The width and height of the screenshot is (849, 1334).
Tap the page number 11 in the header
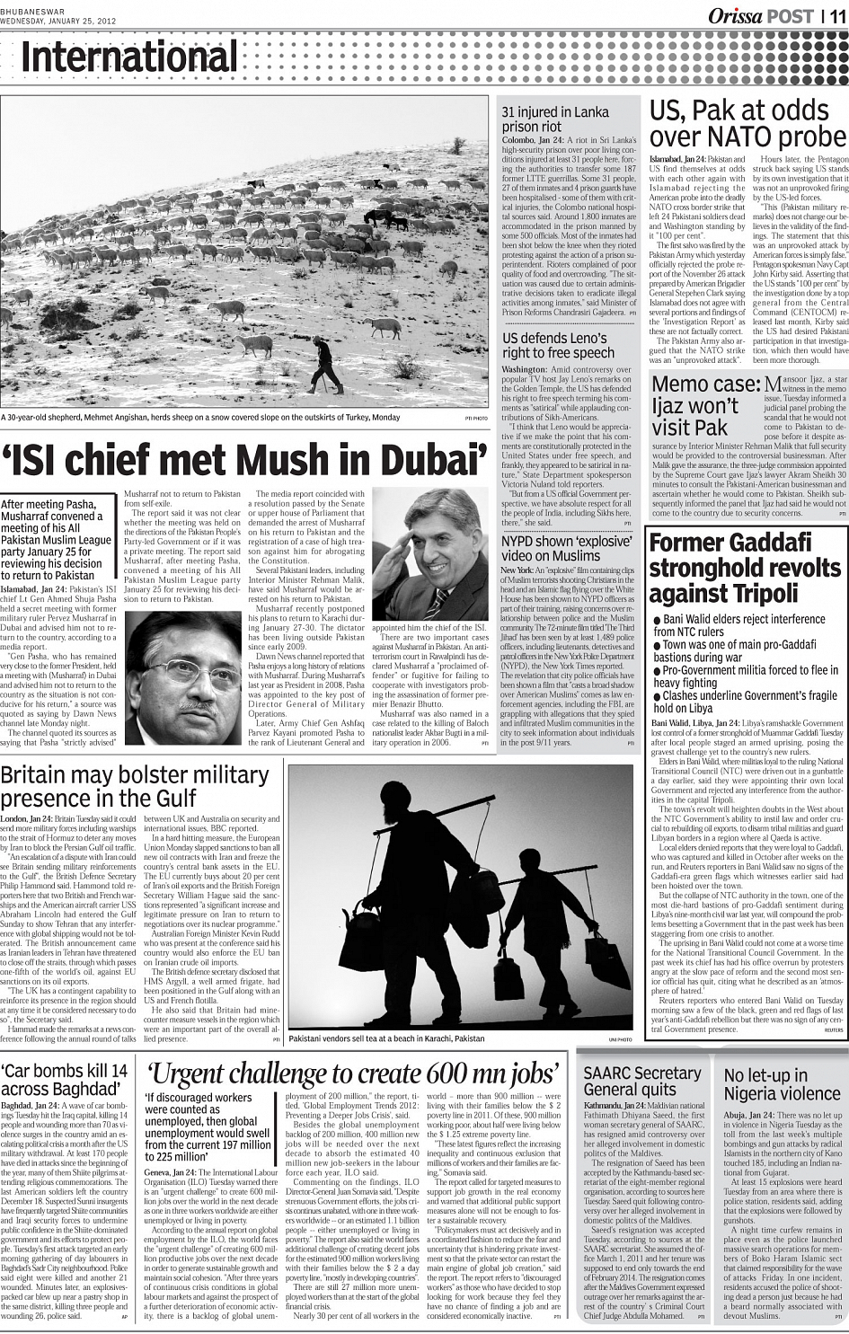tap(836, 16)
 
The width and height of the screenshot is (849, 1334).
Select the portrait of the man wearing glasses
tap(183, 678)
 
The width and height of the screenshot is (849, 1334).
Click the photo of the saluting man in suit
tap(430, 554)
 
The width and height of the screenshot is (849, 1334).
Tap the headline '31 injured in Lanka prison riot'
tap(555, 119)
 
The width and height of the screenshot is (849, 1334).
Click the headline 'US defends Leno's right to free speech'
tap(559, 346)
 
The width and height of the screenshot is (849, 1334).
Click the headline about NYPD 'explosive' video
tap(565, 549)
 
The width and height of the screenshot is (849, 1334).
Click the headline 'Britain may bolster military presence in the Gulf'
tap(135, 787)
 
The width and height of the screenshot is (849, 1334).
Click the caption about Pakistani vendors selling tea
tap(386, 1038)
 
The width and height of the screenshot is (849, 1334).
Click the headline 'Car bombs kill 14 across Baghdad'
tap(65, 1080)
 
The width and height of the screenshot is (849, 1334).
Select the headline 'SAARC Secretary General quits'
tap(641, 1081)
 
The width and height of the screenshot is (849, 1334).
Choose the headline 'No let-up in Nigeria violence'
tap(779, 1084)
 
